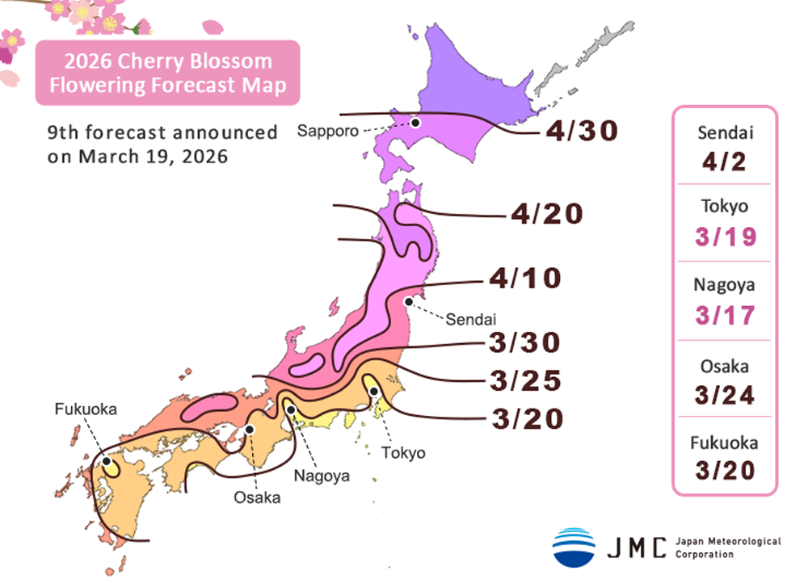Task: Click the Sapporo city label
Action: (x=325, y=131)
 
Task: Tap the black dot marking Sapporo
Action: (x=415, y=123)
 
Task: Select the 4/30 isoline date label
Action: (x=581, y=131)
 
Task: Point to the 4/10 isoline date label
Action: (x=524, y=279)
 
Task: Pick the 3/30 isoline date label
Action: (x=524, y=342)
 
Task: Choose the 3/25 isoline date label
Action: (x=524, y=380)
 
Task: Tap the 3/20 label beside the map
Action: (x=524, y=418)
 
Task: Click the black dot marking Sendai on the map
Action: (x=409, y=301)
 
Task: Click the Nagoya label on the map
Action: (x=322, y=476)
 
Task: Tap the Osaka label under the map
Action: (x=257, y=497)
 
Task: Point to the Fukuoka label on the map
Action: (x=86, y=409)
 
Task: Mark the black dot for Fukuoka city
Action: (x=107, y=463)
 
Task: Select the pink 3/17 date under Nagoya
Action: (x=725, y=316)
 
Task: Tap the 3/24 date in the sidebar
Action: (x=725, y=395)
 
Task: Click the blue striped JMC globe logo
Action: (x=574, y=547)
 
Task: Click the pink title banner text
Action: (x=168, y=73)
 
